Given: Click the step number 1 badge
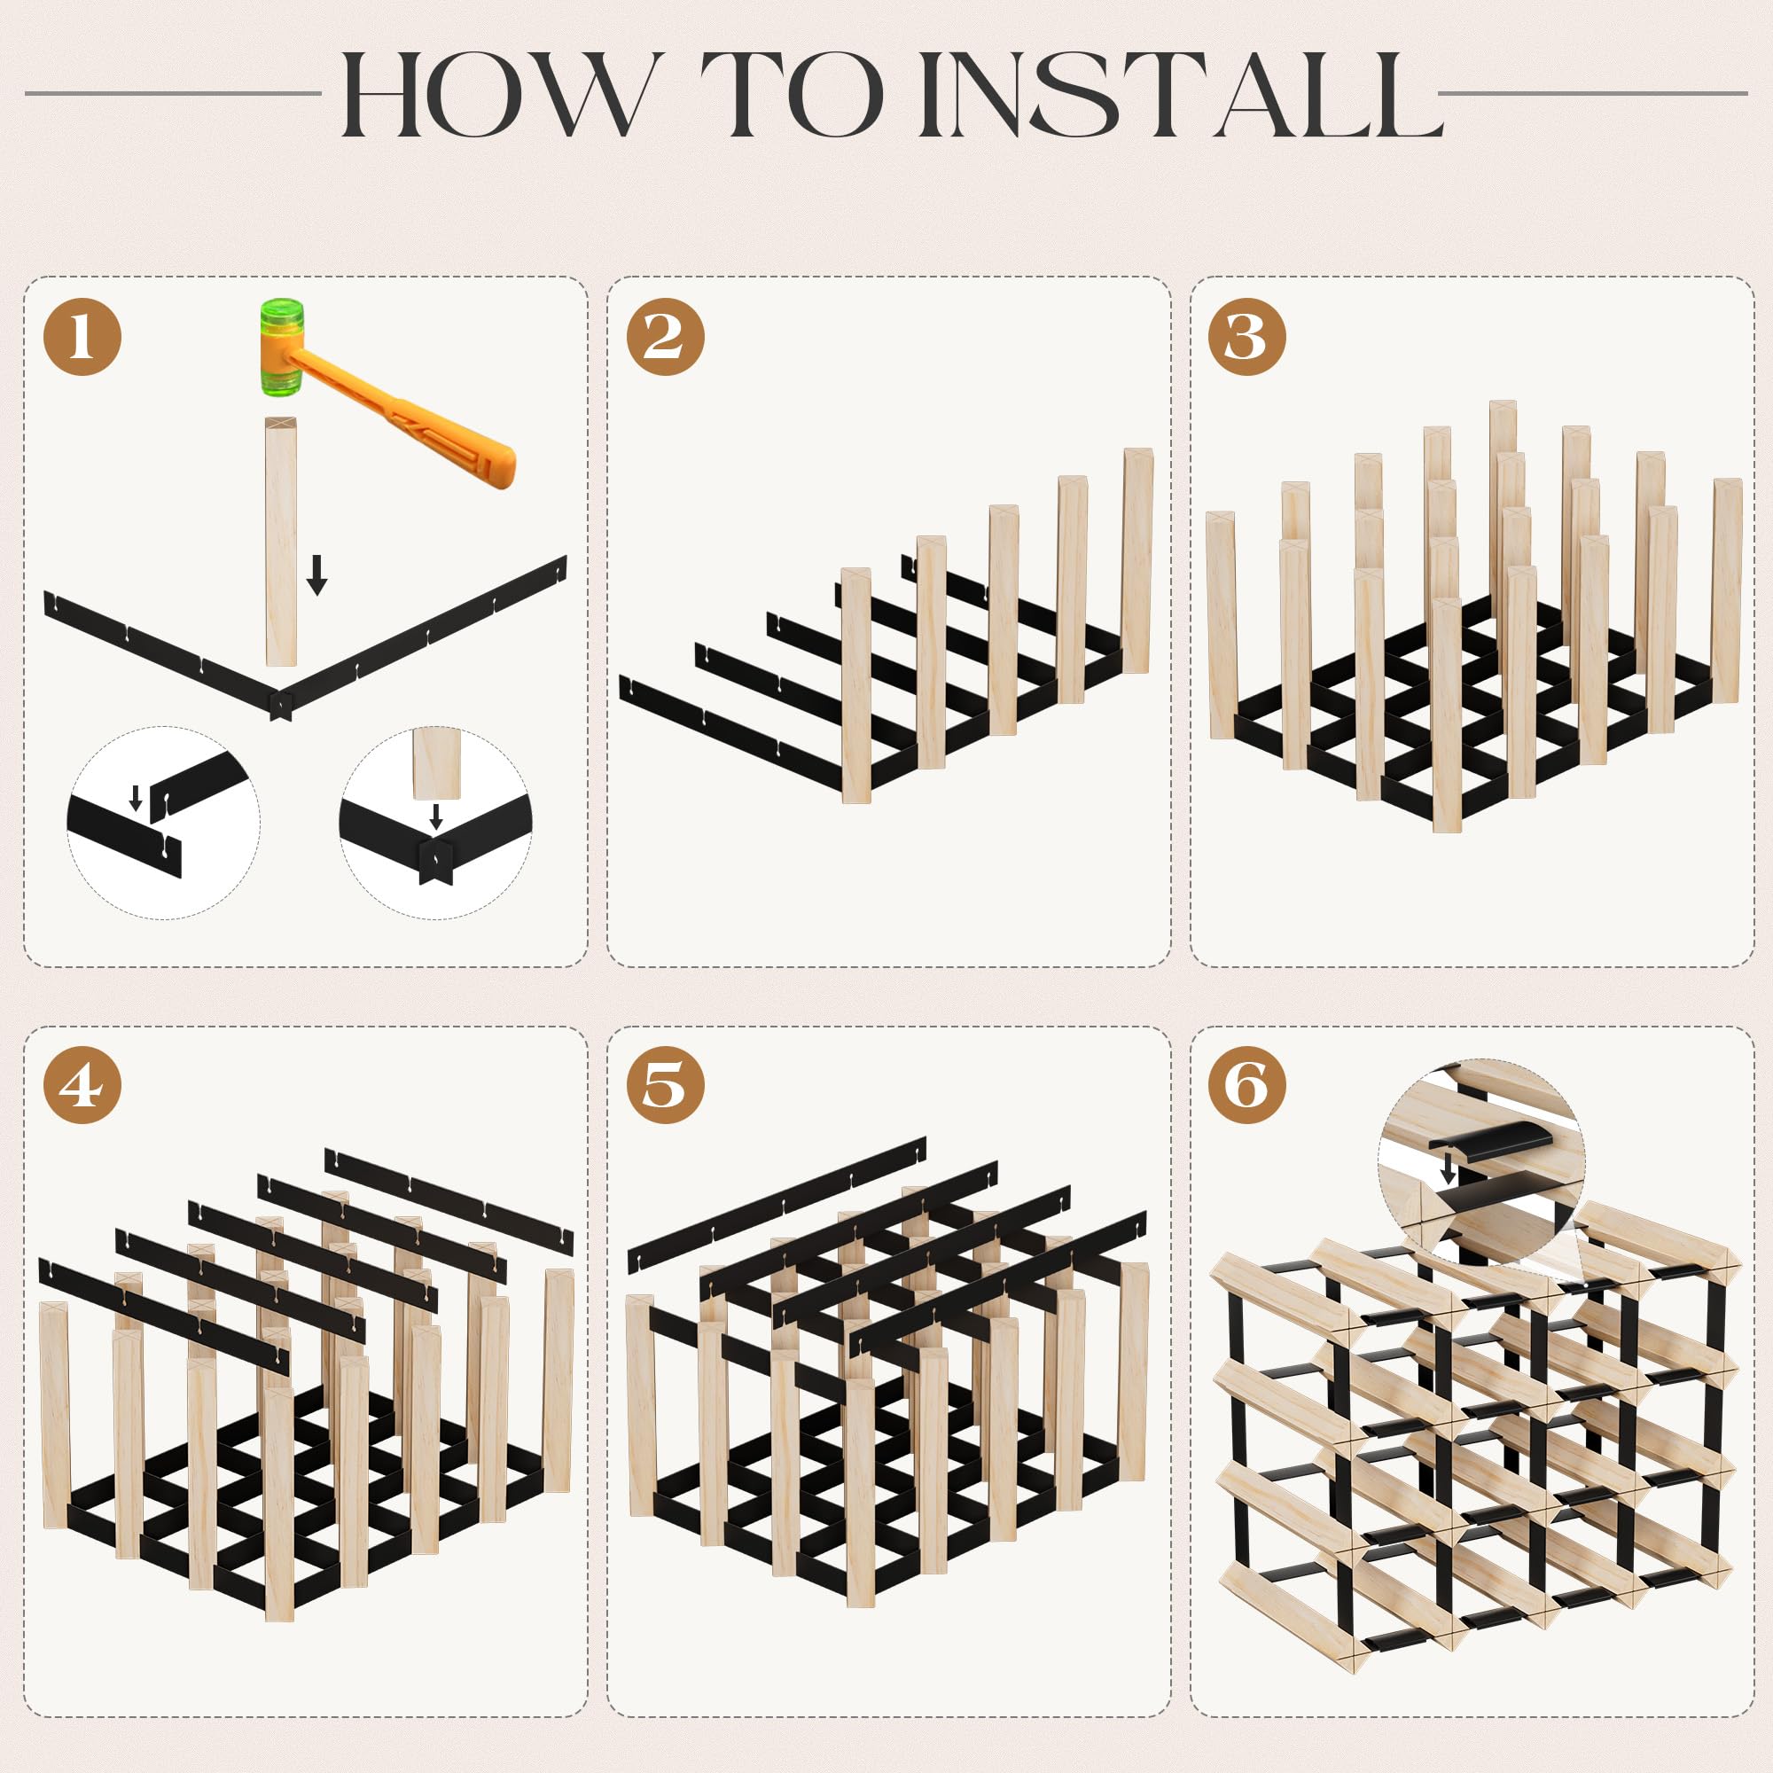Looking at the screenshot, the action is pos(82,336).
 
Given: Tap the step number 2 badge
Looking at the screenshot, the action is pos(666,336).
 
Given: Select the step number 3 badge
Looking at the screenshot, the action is pos(1247,336).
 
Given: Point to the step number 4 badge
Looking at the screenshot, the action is pos(82,1085).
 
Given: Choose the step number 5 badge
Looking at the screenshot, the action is pos(666,1085).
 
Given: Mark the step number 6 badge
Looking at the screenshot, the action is pos(1247,1085).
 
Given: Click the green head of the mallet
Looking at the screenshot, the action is pos(281,347).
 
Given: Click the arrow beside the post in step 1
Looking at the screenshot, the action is pos(316,574).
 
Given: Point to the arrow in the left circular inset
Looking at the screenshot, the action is pos(136,798).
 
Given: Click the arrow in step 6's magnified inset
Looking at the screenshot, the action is pos(1449,1169).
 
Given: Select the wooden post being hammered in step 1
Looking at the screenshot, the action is pos(281,542).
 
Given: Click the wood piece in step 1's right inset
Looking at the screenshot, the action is pos(436,763).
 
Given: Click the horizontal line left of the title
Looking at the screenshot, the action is pos(174,93).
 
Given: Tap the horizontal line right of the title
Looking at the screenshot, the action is pos(1592,93).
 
